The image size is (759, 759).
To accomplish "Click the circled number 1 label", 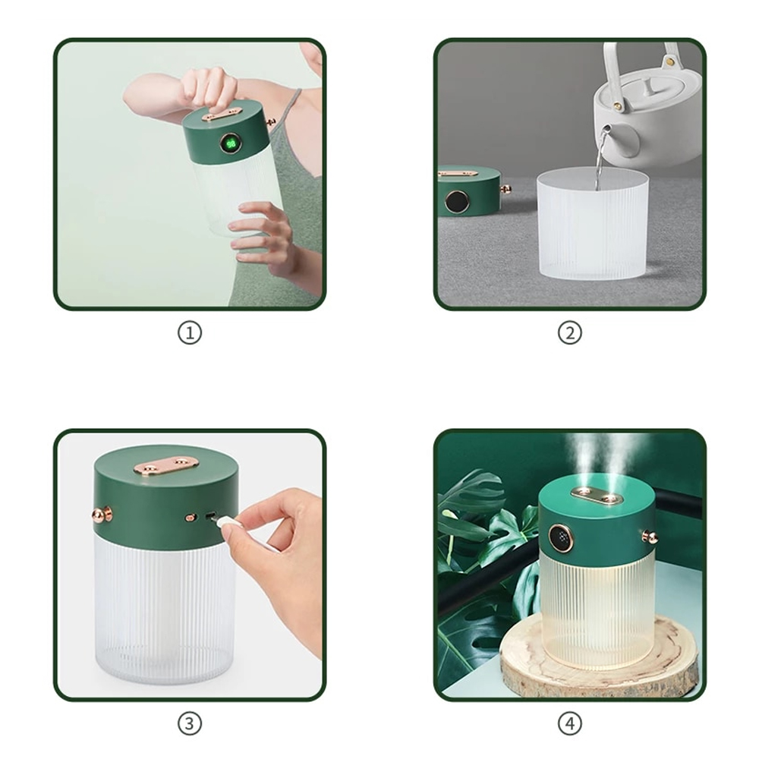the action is click(x=189, y=333).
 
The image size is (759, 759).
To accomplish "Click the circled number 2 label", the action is click(x=570, y=333).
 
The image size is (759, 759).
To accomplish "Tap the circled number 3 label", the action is click(x=189, y=723).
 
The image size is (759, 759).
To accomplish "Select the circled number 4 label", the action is click(x=570, y=723).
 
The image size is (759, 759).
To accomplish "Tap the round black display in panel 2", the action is click(x=457, y=201).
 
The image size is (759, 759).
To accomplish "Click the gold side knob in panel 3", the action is click(x=102, y=514).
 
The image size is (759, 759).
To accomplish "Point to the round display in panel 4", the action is click(x=562, y=538).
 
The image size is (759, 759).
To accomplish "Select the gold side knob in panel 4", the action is click(x=650, y=537).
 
